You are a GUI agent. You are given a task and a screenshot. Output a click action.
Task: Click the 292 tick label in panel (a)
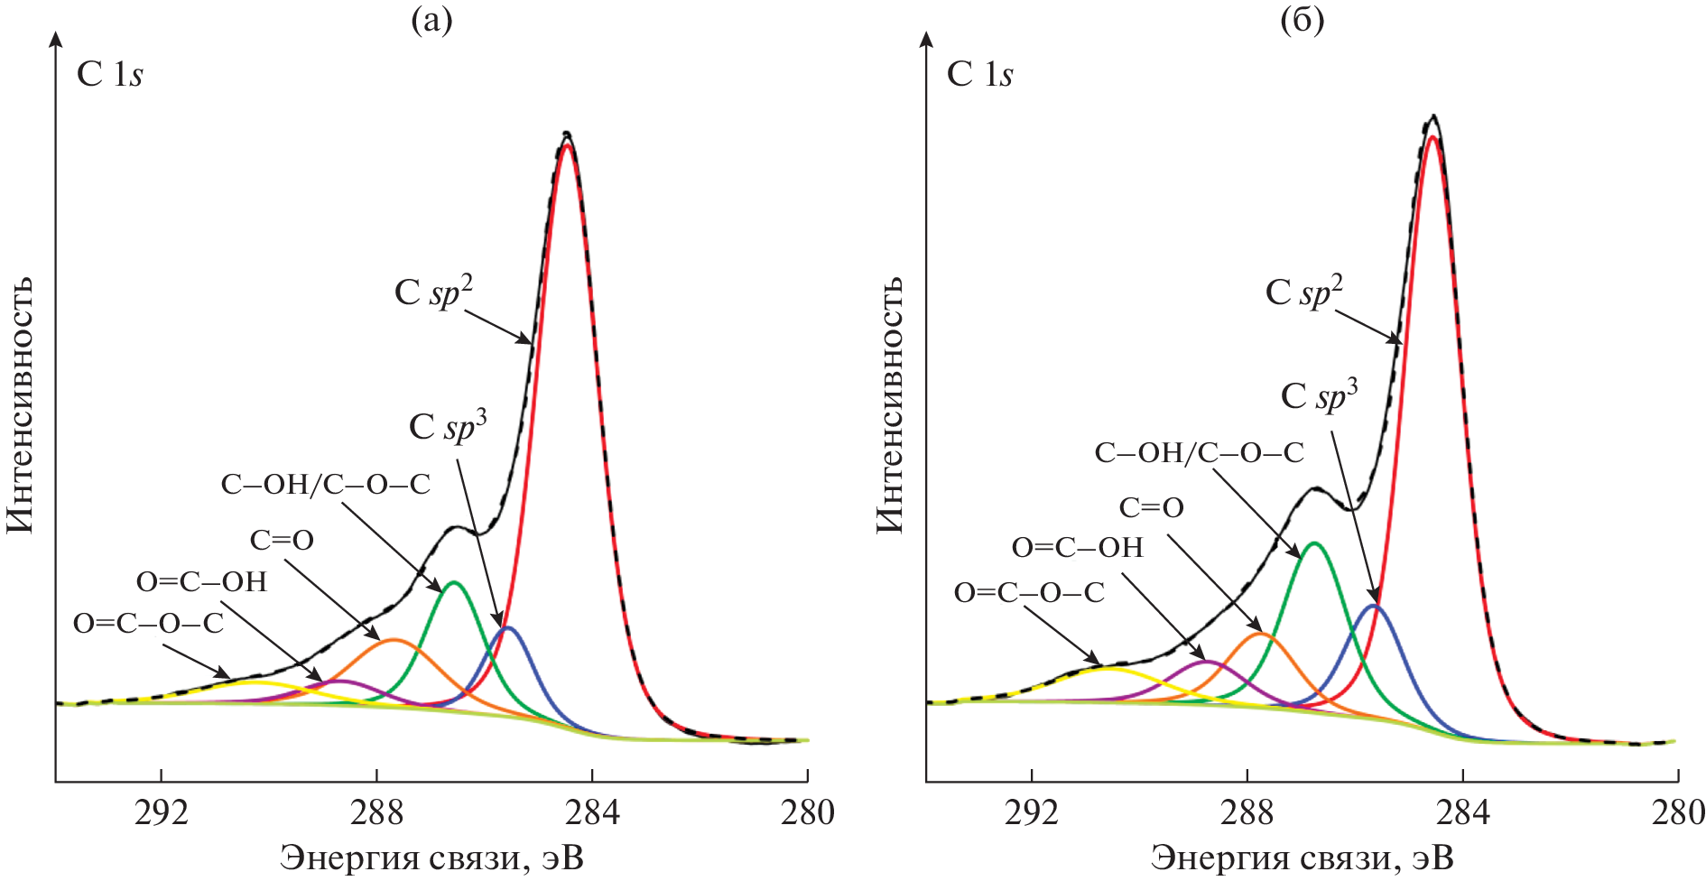coord(162,812)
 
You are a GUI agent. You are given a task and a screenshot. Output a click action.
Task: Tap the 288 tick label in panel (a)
coord(376,812)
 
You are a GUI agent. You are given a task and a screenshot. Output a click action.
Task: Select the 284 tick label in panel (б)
coord(1461,812)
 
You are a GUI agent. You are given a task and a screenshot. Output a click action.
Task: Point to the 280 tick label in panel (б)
coord(1677,812)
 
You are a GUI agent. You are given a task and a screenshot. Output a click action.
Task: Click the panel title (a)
coord(431,20)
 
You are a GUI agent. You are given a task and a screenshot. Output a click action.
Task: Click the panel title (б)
coord(1303,20)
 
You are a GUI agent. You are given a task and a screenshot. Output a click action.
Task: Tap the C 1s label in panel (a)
coord(109,74)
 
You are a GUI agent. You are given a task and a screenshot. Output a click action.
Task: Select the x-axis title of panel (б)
coord(1303,857)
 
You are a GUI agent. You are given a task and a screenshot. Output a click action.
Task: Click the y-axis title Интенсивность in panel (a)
coord(20,403)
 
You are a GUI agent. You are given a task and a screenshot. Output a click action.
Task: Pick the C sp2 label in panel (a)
coord(433,292)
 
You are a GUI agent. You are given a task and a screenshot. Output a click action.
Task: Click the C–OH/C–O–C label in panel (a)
coord(325,485)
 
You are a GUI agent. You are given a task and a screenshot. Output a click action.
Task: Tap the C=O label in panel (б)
coord(1151,508)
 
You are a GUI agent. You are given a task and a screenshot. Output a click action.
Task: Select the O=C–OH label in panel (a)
coord(201,582)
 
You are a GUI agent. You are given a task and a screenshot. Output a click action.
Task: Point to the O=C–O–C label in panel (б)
coord(1029,593)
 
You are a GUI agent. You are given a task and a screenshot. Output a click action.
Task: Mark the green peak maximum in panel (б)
coord(1314,543)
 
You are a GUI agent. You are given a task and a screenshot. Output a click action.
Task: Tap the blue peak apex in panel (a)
coord(507,626)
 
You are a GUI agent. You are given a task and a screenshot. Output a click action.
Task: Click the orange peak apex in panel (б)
coord(1261,634)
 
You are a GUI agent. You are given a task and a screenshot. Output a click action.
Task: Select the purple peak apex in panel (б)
coord(1208,662)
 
